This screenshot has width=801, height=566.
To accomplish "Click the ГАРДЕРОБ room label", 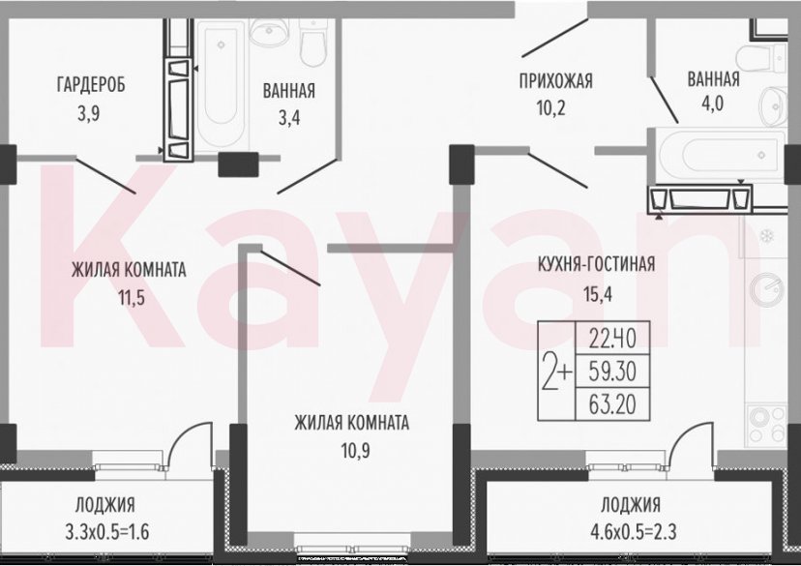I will (90, 83).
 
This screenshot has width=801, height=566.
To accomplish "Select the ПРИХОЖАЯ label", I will (555, 80).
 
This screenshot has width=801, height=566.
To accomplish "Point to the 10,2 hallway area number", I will (555, 107).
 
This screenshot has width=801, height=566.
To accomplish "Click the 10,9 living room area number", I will (352, 450).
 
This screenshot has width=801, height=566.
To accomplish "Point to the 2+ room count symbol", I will (558, 371).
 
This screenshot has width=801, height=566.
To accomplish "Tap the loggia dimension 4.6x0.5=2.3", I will (630, 531).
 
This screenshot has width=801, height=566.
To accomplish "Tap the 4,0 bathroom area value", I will (713, 107).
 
